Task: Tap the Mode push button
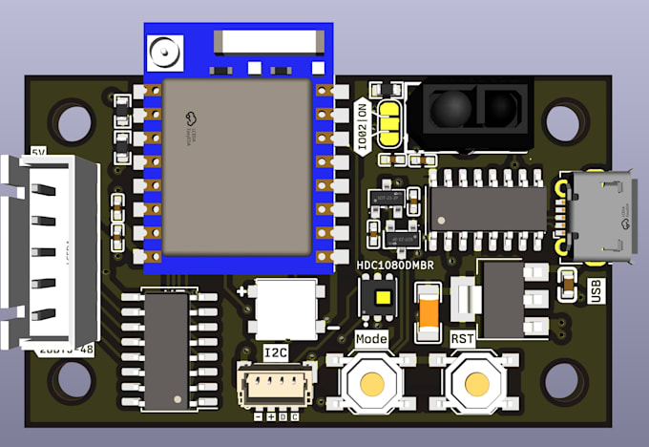(x=370, y=383)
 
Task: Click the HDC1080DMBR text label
(x=395, y=265)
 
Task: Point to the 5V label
(x=38, y=152)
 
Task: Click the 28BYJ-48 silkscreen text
(x=64, y=351)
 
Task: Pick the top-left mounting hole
(x=71, y=121)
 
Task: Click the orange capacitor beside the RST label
(x=429, y=312)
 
